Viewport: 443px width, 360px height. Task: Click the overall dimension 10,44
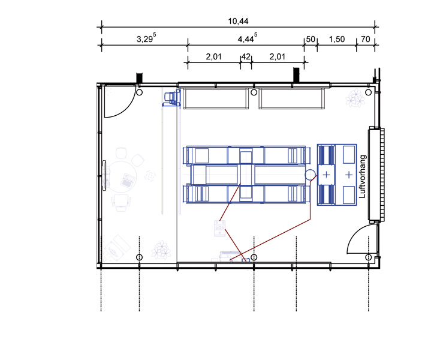pyautogui.click(x=238, y=21)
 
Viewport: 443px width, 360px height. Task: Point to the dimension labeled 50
pyautogui.click(x=311, y=40)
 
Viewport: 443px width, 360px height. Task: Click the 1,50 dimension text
pyautogui.click(x=336, y=40)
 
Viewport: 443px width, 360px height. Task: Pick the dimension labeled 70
pyautogui.click(x=365, y=40)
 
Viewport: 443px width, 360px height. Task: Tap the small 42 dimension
pyautogui.click(x=246, y=57)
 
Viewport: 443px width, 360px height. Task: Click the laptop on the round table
pyautogui.click(x=128, y=181)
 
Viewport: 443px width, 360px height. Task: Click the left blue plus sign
pyautogui.click(x=326, y=175)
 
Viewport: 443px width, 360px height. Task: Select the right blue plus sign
pyautogui.click(x=349, y=175)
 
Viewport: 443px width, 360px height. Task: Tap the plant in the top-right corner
pyautogui.click(x=355, y=98)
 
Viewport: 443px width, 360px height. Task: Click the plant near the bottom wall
pyautogui.click(x=161, y=250)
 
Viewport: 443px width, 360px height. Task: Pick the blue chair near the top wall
pyautogui.click(x=171, y=98)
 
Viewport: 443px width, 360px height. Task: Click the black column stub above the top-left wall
pyautogui.click(x=139, y=78)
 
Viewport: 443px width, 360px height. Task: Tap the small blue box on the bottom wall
pyautogui.click(x=246, y=260)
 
